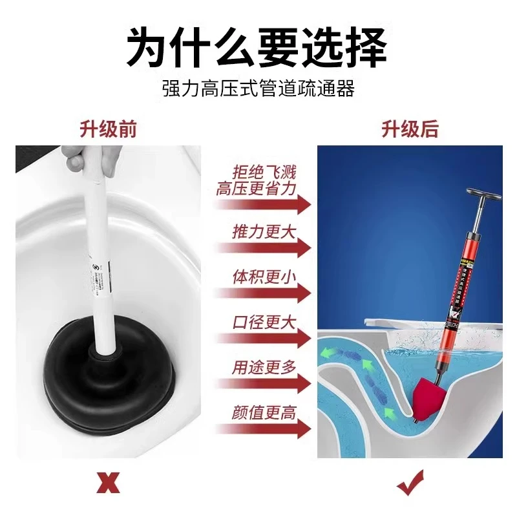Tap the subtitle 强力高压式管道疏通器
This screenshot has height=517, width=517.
[x=258, y=89]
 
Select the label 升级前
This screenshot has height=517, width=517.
[x=109, y=129]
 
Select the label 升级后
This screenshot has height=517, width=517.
[x=410, y=129]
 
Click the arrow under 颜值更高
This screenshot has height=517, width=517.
[x=264, y=431]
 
